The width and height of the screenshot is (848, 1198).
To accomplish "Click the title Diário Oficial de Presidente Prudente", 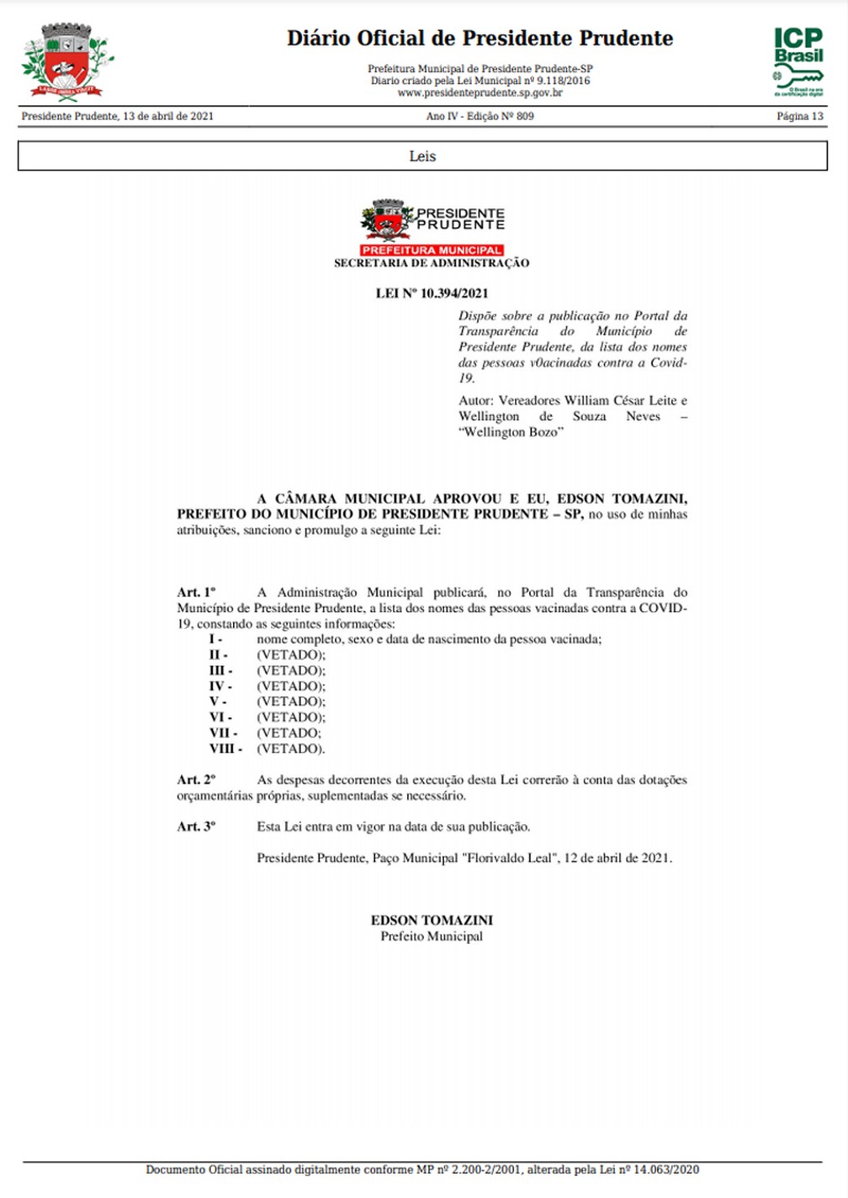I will click(480, 39).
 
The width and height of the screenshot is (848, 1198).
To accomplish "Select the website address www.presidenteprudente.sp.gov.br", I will click(480, 93).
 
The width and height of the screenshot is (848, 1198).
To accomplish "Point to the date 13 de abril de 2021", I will click(168, 116).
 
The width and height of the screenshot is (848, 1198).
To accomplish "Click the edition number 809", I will click(525, 116).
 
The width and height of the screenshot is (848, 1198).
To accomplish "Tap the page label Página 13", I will click(799, 116).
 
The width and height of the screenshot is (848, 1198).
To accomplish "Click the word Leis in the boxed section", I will click(422, 156).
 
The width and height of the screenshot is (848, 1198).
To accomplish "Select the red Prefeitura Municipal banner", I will click(432, 250).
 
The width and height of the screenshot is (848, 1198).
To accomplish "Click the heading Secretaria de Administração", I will click(432, 263).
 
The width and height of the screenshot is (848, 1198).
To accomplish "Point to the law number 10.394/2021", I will click(454, 293).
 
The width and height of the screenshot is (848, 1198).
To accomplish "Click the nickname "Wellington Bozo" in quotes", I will click(511, 432).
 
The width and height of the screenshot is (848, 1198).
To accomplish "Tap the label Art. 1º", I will click(196, 593).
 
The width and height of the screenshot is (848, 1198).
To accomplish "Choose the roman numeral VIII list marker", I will click(225, 749).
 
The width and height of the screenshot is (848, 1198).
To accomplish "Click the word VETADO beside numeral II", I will click(290, 655).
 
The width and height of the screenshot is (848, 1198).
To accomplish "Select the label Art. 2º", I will click(196, 780).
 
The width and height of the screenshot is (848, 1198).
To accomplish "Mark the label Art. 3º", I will click(196, 827).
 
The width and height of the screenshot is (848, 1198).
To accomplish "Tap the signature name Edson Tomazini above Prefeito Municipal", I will click(432, 921).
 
